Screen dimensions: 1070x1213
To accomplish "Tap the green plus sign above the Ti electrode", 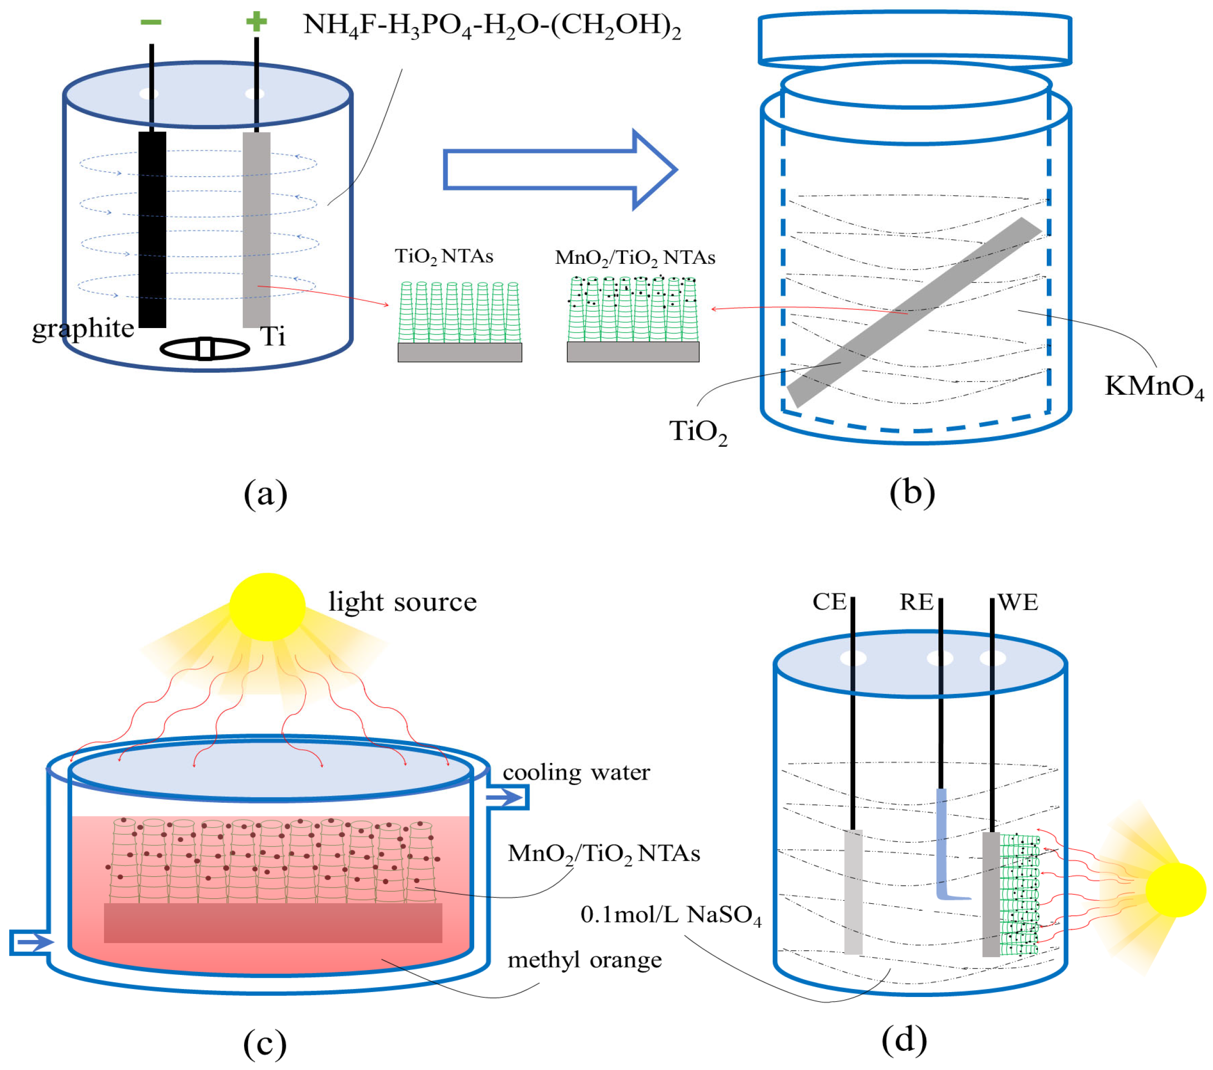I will click(256, 22).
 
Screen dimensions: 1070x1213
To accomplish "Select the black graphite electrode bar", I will click(152, 229).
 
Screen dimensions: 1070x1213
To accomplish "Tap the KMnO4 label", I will click(1153, 387).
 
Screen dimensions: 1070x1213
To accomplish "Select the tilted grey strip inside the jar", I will click(914, 312).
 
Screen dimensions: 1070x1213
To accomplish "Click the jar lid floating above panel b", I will click(914, 39).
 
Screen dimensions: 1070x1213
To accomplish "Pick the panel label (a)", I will click(265, 494).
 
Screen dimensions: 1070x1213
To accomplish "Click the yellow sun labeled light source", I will click(267, 607).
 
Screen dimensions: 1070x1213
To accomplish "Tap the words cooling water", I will click(576, 773).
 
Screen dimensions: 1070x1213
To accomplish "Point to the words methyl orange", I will click(584, 960).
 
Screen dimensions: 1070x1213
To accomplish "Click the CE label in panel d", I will click(829, 602).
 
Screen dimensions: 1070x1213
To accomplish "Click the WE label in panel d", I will click(1018, 602).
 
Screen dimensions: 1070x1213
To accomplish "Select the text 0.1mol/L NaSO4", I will click(670, 915).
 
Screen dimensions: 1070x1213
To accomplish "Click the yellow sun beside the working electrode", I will click(1175, 890).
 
